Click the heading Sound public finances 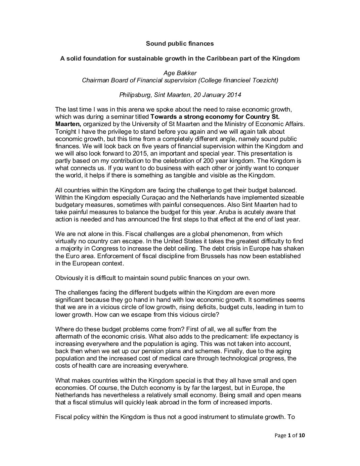coord(180,43)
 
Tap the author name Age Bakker coord(180,73)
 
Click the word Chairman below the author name coord(95,80)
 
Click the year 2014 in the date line coord(234,95)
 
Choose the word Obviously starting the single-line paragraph coord(68,278)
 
